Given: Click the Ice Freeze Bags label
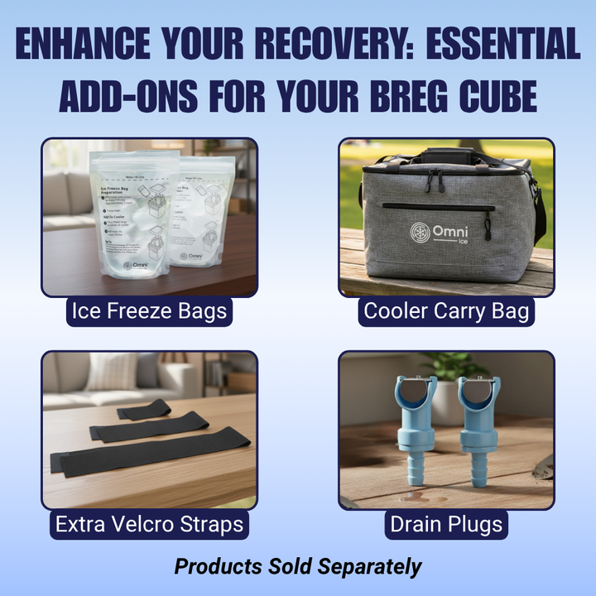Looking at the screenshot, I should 149,312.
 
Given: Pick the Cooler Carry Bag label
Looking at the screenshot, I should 446,312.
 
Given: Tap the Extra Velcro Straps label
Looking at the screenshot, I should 149,524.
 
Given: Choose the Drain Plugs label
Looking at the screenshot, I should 446,524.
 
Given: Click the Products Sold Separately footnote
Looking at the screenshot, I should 297,567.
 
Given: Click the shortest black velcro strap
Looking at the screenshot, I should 144,410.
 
